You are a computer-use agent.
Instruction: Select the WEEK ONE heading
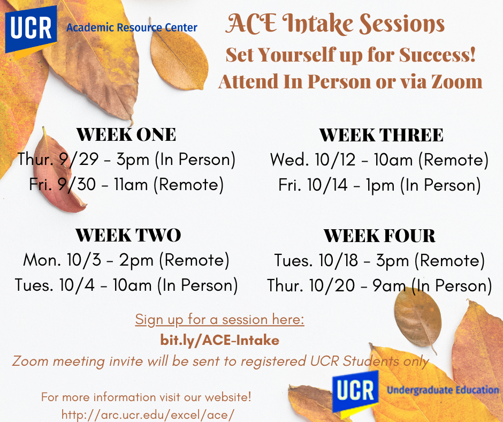(126, 134)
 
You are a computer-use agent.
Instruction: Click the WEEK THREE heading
(381, 135)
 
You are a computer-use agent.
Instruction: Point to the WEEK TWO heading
(128, 236)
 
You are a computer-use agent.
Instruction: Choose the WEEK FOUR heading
(379, 236)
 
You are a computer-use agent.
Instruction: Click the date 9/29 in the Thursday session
(79, 159)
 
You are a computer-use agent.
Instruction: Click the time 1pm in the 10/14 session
(380, 186)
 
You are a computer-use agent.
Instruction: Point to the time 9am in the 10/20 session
(389, 286)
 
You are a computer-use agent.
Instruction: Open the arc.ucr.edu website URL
(148, 415)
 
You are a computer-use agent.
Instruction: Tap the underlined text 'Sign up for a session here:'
(220, 320)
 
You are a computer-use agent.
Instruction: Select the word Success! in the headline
(437, 55)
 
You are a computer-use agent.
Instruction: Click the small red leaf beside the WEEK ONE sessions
(58, 174)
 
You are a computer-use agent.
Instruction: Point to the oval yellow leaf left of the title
(179, 58)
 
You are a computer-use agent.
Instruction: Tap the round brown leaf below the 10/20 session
(418, 318)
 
